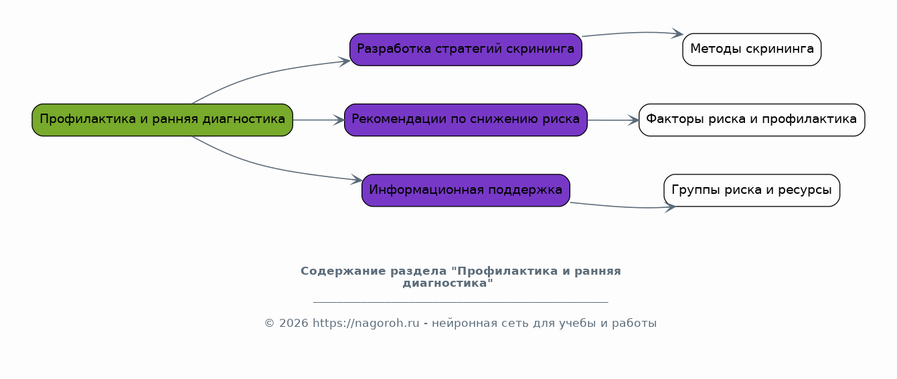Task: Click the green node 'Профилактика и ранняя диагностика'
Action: click(x=162, y=120)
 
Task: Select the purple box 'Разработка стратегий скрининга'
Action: click(x=466, y=49)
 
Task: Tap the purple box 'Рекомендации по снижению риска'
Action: click(x=466, y=120)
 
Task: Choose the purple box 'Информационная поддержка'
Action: click(x=466, y=191)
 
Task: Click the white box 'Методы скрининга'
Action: click(x=752, y=49)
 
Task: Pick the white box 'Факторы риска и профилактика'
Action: click(x=752, y=120)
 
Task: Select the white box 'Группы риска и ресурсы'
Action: click(x=752, y=191)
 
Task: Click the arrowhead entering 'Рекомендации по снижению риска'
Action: click(x=339, y=120)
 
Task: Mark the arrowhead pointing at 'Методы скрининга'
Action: click(x=677, y=33)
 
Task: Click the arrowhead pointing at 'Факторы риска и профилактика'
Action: click(x=633, y=120)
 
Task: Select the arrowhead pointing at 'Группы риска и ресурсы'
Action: click(x=670, y=207)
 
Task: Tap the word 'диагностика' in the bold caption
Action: click(x=445, y=283)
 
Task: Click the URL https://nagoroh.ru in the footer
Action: click(x=366, y=323)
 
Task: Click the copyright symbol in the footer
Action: click(x=270, y=323)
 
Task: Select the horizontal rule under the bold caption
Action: click(x=461, y=302)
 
